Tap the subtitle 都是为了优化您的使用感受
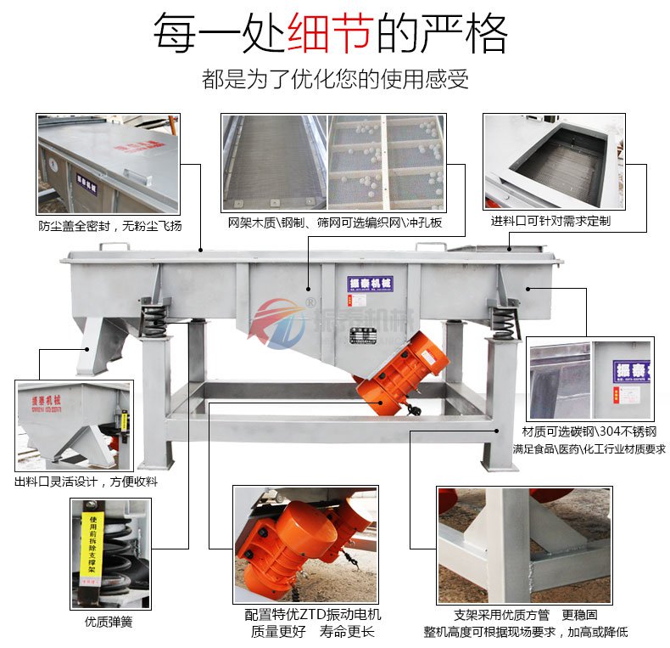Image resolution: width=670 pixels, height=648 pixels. click(x=335, y=80)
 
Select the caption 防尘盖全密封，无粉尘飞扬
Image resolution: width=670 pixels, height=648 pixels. click(x=109, y=226)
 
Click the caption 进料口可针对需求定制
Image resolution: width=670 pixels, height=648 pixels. click(x=550, y=221)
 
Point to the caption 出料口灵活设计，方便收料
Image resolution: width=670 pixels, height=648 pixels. click(x=87, y=482)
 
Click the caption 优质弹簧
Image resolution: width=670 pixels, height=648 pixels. click(x=109, y=621)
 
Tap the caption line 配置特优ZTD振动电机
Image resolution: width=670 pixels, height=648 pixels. click(x=312, y=614)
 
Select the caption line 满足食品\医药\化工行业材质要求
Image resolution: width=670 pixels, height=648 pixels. click(x=589, y=448)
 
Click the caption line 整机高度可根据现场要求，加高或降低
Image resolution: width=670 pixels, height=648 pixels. click(x=526, y=632)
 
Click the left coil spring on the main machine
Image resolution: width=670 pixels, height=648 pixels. click(x=154, y=318)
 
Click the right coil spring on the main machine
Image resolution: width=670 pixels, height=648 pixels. click(x=503, y=320)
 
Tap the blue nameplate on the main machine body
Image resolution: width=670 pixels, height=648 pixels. click(x=371, y=284)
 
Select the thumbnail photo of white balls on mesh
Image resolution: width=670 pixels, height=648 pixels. click(x=386, y=163)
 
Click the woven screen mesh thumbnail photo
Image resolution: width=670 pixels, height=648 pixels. click(x=273, y=163)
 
